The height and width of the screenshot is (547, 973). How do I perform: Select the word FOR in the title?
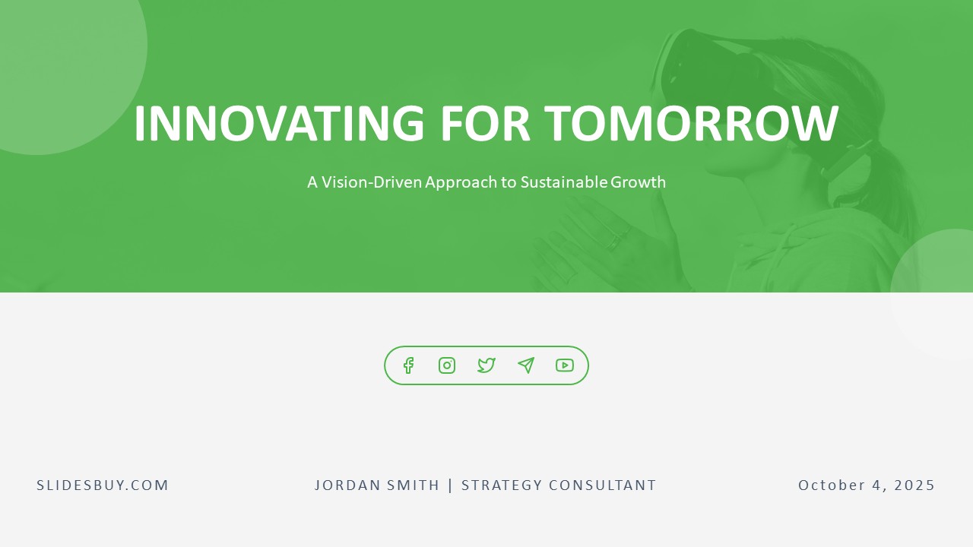point(484,124)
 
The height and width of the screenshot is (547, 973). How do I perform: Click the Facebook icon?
point(408,365)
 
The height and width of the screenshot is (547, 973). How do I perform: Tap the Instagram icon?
point(447,365)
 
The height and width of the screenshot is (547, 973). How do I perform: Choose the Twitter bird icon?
point(486,365)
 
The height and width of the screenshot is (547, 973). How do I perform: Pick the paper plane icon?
point(526,365)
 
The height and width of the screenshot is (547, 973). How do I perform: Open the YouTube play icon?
point(565,365)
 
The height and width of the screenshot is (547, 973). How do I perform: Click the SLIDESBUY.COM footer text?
point(103,485)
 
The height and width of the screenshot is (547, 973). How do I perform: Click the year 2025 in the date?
point(914,485)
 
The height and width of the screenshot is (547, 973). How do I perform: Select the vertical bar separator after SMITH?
point(451,485)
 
